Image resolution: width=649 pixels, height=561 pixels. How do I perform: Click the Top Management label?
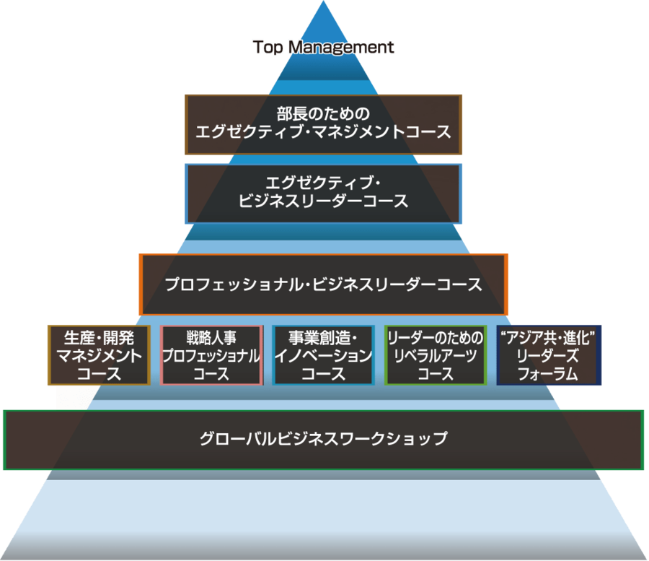(324, 48)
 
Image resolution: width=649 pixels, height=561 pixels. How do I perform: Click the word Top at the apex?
(268, 48)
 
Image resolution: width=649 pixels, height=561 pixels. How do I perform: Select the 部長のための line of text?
(323, 113)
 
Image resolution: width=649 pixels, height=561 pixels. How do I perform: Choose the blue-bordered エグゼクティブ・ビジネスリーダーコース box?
(324, 193)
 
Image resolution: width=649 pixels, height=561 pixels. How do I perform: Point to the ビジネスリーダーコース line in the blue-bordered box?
(323, 202)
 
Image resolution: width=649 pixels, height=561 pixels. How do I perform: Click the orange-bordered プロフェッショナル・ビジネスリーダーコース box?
(323, 284)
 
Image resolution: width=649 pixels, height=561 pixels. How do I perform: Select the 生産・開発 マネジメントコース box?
(99, 355)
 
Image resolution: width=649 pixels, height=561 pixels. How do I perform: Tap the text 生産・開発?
(99, 337)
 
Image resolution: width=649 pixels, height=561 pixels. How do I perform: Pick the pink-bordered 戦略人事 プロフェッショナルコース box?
(211, 355)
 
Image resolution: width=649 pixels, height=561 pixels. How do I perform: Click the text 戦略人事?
(211, 337)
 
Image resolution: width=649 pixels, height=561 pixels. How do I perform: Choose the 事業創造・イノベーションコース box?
(323, 355)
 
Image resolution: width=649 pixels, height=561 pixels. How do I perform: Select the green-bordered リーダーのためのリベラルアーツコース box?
(436, 355)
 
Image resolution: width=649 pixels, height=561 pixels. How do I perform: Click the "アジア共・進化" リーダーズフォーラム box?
(549, 355)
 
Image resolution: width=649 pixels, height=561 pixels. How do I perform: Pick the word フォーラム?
(549, 373)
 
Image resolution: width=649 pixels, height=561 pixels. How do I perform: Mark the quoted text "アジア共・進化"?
(549, 337)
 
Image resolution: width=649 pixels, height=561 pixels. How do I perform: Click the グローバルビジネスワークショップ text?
(323, 438)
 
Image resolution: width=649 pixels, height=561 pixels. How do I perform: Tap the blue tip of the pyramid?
(323, 22)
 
